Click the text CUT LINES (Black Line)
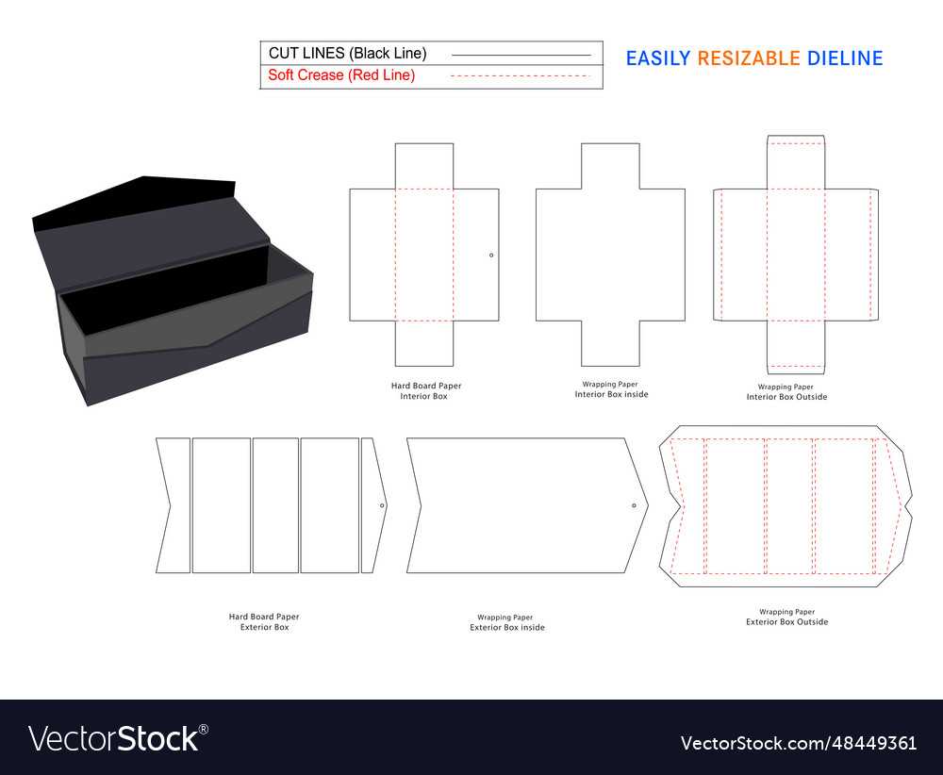(348, 54)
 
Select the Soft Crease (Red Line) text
(341, 75)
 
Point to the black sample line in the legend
(521, 56)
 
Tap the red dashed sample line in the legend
(521, 75)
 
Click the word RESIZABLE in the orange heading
(749, 58)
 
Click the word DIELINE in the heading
(845, 58)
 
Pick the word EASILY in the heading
(658, 58)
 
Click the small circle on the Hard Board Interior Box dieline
(491, 256)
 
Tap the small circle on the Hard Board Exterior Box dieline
(382, 505)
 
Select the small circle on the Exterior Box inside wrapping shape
(634, 505)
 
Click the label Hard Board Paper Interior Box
(426, 391)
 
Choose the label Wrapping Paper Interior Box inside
(611, 389)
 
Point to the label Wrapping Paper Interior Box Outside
(786, 392)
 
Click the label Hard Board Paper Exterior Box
(264, 621)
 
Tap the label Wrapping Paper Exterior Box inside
(507, 622)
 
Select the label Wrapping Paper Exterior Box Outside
(786, 617)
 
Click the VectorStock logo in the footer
(119, 738)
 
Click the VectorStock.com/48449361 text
(799, 743)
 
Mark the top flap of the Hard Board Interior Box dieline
(424, 166)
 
